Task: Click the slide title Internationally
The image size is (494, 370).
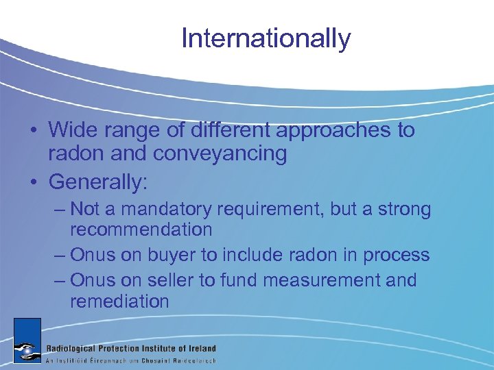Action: coord(266,38)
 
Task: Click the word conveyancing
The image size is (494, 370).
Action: coord(220,153)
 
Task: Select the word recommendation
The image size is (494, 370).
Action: coord(141,230)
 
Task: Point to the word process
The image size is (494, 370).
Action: coord(396,256)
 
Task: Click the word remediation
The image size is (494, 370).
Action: coord(119,301)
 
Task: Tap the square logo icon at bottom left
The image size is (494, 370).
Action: coord(27,341)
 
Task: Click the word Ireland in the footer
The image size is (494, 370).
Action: coord(198,348)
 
